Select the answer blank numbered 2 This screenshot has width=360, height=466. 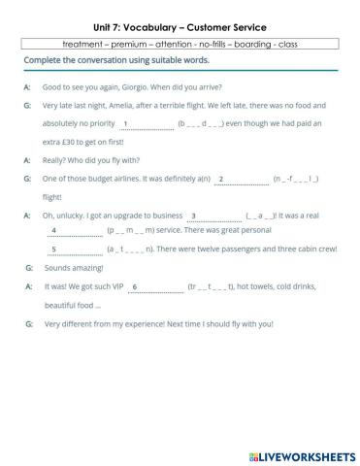(x=241, y=179)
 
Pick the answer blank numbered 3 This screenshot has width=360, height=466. (x=213, y=216)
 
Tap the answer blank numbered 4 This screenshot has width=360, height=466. (x=74, y=231)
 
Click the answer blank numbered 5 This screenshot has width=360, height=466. (x=74, y=249)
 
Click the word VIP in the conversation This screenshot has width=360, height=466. (x=115, y=287)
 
